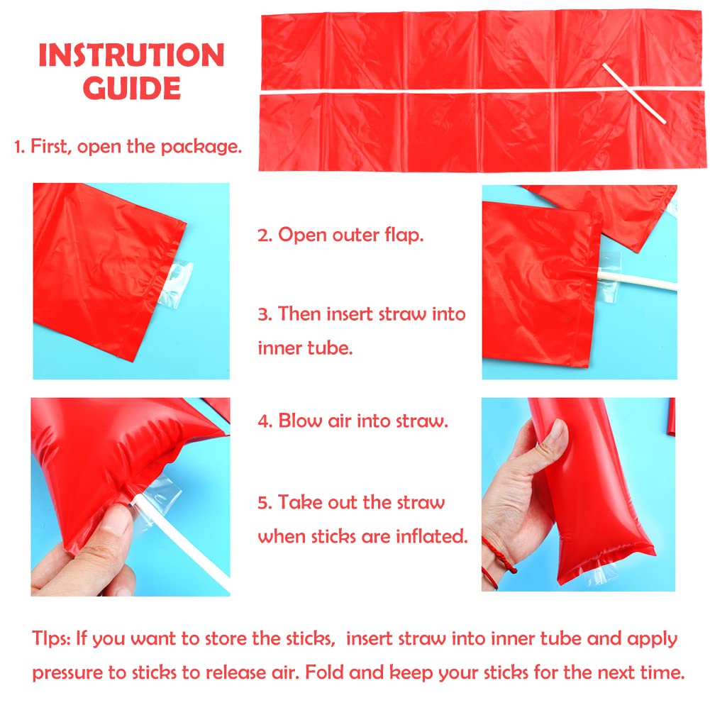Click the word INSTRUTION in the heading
point(131,55)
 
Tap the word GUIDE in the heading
point(132,88)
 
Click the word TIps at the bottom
point(51,638)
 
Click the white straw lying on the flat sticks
point(634,94)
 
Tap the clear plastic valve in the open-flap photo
point(176,284)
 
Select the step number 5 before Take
point(264,503)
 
